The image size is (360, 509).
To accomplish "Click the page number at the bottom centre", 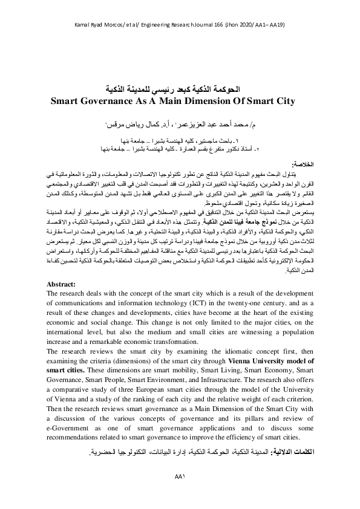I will tap(179, 492).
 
